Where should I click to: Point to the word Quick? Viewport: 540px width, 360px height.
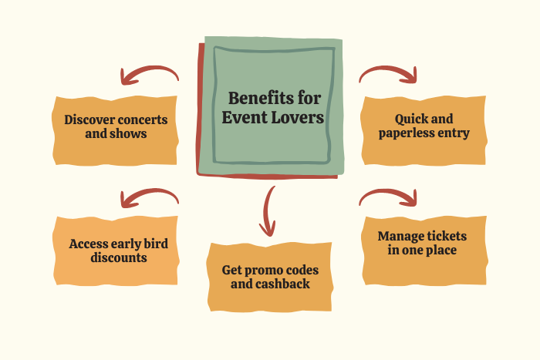(410, 119)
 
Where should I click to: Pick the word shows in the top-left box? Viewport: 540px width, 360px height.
(128, 133)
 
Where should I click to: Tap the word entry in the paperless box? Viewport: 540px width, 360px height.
(454, 133)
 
